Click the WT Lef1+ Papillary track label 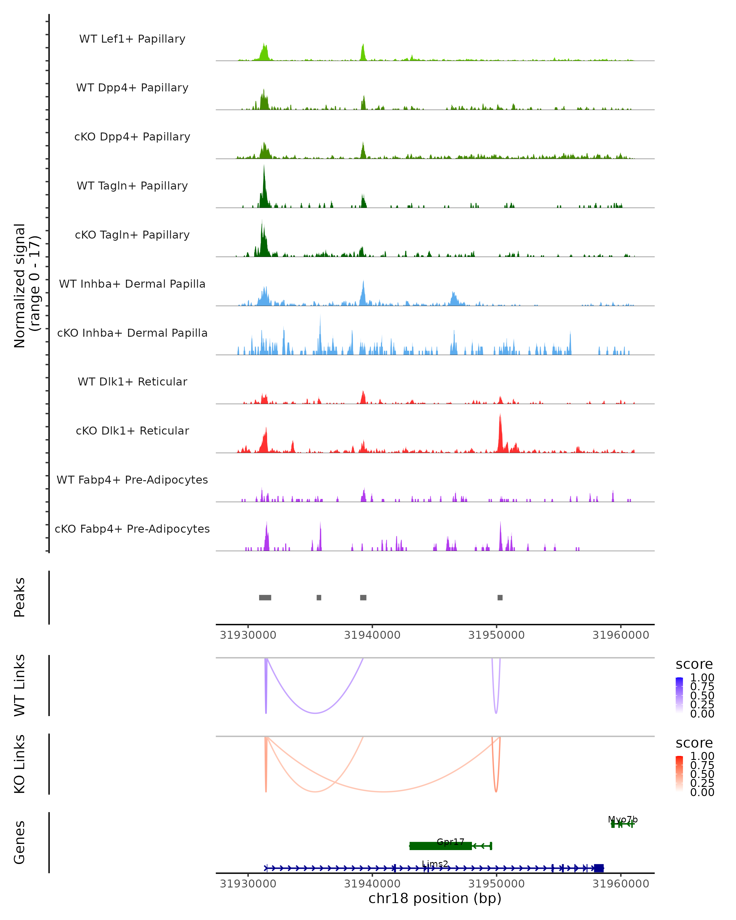132,39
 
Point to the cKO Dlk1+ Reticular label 132,431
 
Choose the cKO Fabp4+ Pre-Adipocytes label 132,529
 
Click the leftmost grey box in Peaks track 265,597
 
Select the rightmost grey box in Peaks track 500,597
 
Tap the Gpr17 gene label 450,841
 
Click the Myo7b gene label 623,819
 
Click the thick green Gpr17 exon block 440,846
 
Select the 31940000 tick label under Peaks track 372,635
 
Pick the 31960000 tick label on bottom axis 621,884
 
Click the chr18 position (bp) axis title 435,899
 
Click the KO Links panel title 20,764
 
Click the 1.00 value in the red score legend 702,756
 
